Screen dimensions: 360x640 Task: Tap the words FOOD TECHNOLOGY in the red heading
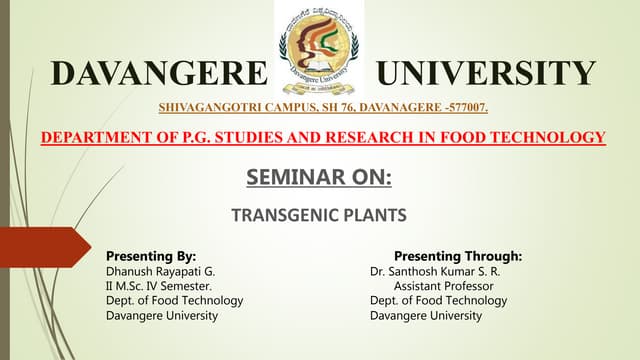tap(530, 137)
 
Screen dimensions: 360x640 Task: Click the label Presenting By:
tap(150, 256)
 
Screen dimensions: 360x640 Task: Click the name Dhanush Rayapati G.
tap(160, 271)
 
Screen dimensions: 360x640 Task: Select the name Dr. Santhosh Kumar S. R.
tap(434, 271)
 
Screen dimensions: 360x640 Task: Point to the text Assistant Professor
tap(438, 286)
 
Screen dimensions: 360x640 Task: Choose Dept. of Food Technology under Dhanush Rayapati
tap(174, 301)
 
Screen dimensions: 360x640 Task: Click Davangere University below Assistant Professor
tap(425, 316)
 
